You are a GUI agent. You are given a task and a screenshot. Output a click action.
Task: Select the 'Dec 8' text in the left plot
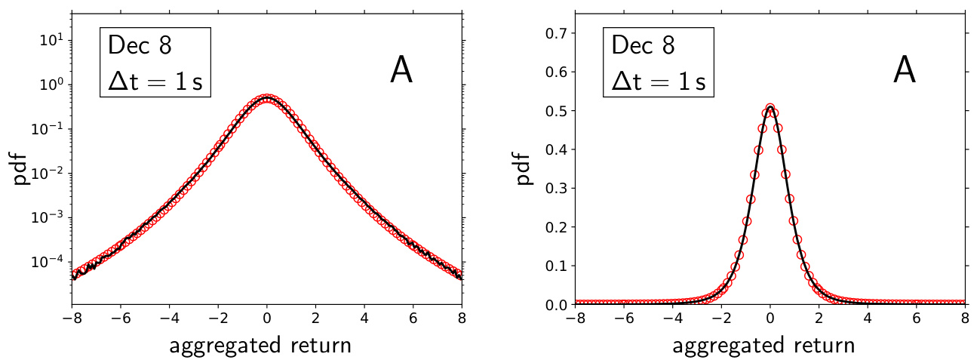140,45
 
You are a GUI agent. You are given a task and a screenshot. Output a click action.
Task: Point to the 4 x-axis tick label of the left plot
364,318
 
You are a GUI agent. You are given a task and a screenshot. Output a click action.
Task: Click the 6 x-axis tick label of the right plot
917,318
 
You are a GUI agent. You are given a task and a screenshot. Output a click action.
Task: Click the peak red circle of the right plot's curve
770,109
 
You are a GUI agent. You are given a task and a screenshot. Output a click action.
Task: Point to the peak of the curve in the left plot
267,98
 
